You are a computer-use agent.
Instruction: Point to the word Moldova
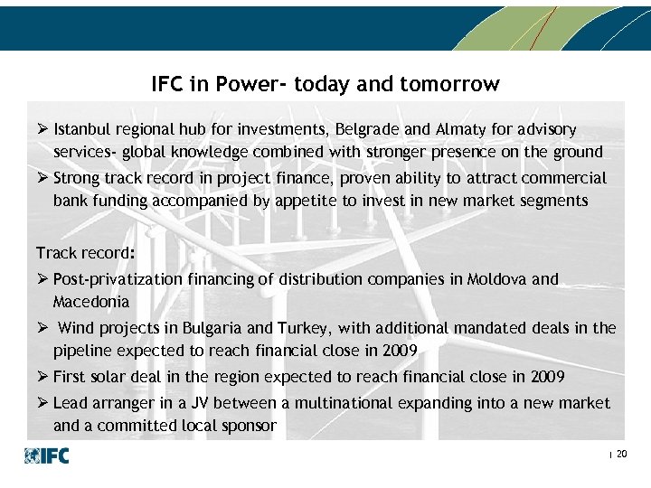tap(495, 279)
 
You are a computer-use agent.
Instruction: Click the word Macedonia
tap(91, 301)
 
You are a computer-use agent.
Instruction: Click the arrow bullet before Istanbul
tap(42, 130)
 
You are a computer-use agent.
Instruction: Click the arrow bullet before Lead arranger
tap(42, 403)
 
